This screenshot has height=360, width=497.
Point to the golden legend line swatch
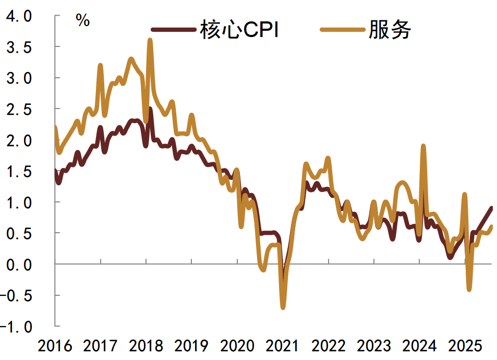pos(342,31)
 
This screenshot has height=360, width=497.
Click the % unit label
pos(82,20)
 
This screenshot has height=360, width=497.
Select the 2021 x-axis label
pos(282,346)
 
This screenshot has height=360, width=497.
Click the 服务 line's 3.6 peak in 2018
pos(150,40)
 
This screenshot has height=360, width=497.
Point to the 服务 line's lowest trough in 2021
pos(283,307)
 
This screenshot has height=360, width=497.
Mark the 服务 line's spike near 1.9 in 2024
pos(423,146)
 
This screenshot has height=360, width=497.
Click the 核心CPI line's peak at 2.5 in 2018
pos(150,109)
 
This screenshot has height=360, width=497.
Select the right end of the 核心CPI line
pos(492,208)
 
